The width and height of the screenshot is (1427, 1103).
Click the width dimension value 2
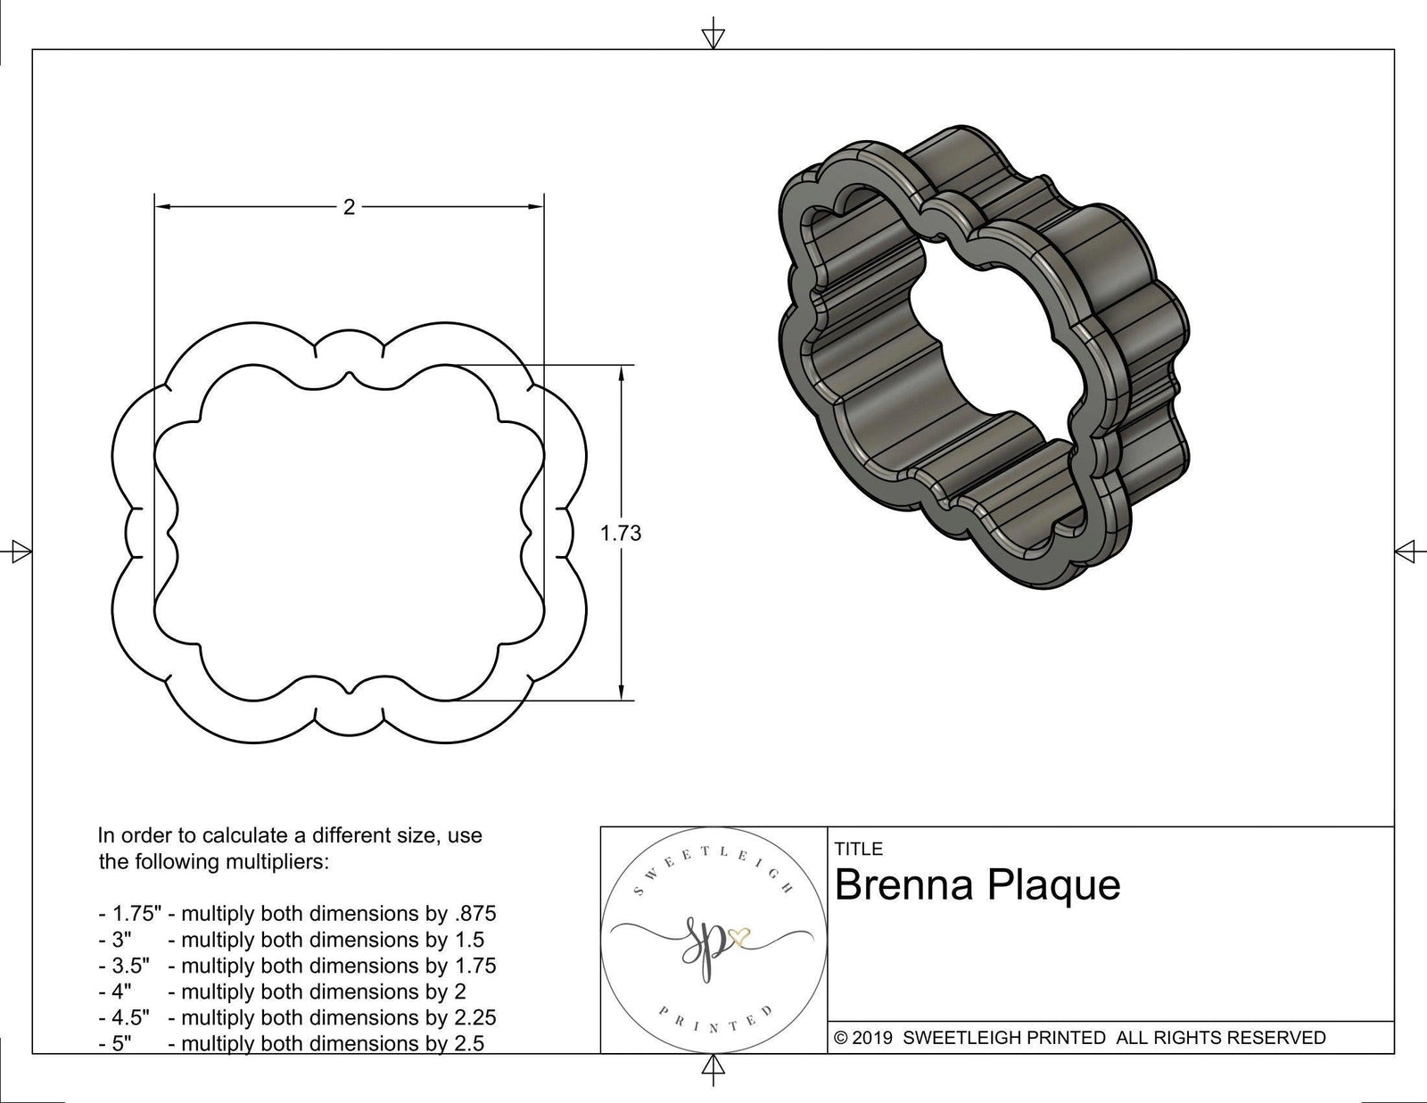(x=349, y=207)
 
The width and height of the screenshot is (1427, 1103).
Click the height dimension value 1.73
(x=621, y=534)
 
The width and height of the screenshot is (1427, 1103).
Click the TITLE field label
(x=859, y=849)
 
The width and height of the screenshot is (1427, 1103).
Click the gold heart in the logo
(x=739, y=938)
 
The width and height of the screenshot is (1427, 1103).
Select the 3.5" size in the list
(x=125, y=966)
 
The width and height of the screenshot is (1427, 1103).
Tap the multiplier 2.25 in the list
(x=475, y=1017)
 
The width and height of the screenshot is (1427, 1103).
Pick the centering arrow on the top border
(x=713, y=37)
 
